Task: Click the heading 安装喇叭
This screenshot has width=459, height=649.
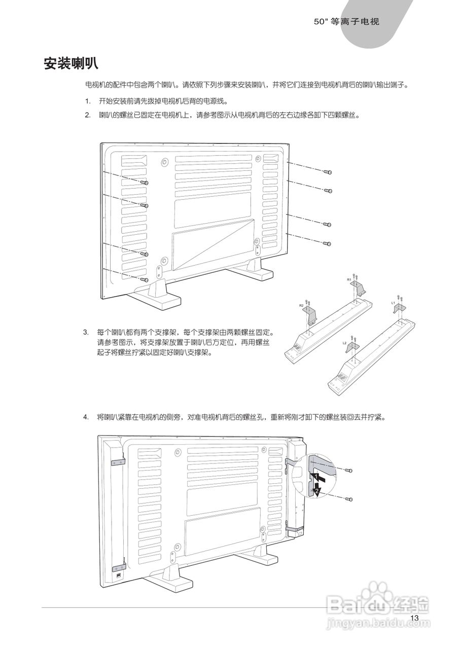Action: coord(70,64)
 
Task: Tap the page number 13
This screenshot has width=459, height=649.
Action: coord(414,618)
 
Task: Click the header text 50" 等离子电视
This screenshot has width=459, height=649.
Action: coord(347,22)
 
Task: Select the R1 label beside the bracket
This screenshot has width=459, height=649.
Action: coord(349,279)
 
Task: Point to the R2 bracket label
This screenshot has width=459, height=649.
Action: coord(301,306)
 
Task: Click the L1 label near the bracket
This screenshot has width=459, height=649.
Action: coord(393,302)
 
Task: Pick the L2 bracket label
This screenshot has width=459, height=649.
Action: coord(344,343)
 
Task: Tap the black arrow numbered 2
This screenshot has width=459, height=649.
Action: coord(317,490)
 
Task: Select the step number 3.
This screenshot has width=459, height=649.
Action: coord(86,333)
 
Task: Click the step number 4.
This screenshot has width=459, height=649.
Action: coord(86,417)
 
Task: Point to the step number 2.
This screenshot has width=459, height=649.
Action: coord(87,115)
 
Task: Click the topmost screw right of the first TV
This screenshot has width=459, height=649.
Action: coord(328,172)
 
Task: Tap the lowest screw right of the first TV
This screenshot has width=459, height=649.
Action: coord(328,244)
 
